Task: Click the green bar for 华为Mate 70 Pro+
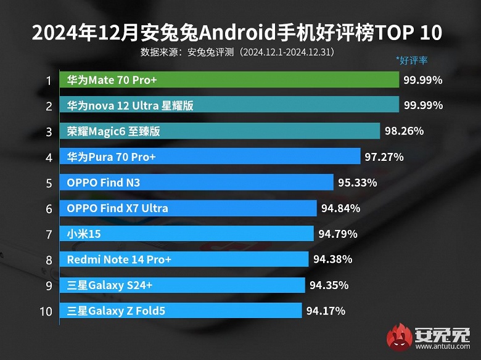click(x=229, y=80)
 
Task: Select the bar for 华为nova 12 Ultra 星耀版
click(x=229, y=105)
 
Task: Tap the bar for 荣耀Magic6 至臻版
click(x=220, y=131)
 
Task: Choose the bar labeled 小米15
click(x=186, y=234)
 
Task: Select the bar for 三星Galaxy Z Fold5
click(x=181, y=311)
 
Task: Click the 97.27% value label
click(x=384, y=157)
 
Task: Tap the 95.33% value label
click(x=357, y=182)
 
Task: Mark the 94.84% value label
click(x=340, y=208)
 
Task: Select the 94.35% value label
click(x=329, y=285)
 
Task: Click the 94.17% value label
click(x=326, y=311)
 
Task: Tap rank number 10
click(x=46, y=311)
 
